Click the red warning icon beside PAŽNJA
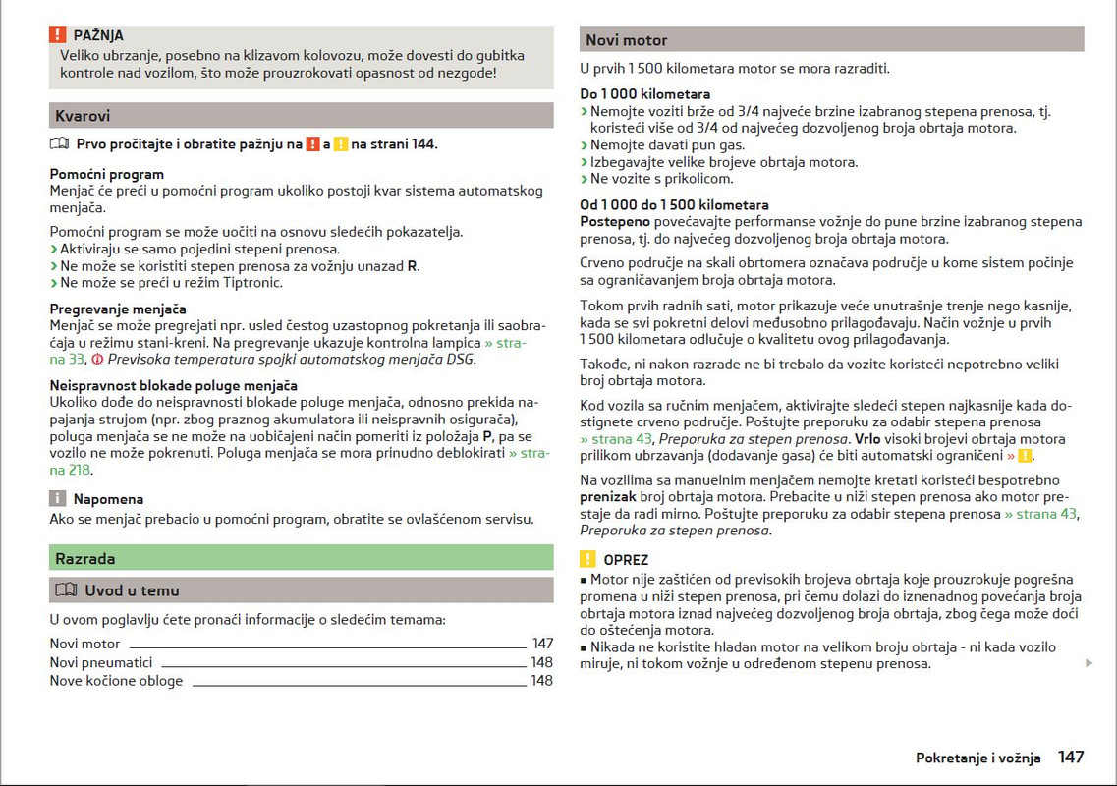pos(58,35)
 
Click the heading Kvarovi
pos(83,116)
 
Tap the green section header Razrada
pos(85,559)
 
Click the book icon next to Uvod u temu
pos(66,590)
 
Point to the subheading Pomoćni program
pos(107,175)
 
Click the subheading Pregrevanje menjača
pos(118,309)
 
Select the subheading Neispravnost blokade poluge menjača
pos(174,386)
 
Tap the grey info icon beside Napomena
pos(58,499)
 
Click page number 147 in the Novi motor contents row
pos(542,645)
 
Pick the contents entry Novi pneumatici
pos(101,663)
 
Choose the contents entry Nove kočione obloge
pos(116,681)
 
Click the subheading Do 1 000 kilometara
pos(645,95)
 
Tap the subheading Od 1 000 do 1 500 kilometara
pos(674,205)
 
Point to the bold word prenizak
pos(608,497)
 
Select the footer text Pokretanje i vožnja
pos(977,758)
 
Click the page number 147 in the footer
pos(1071,758)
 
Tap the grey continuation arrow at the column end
pos(1089,664)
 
